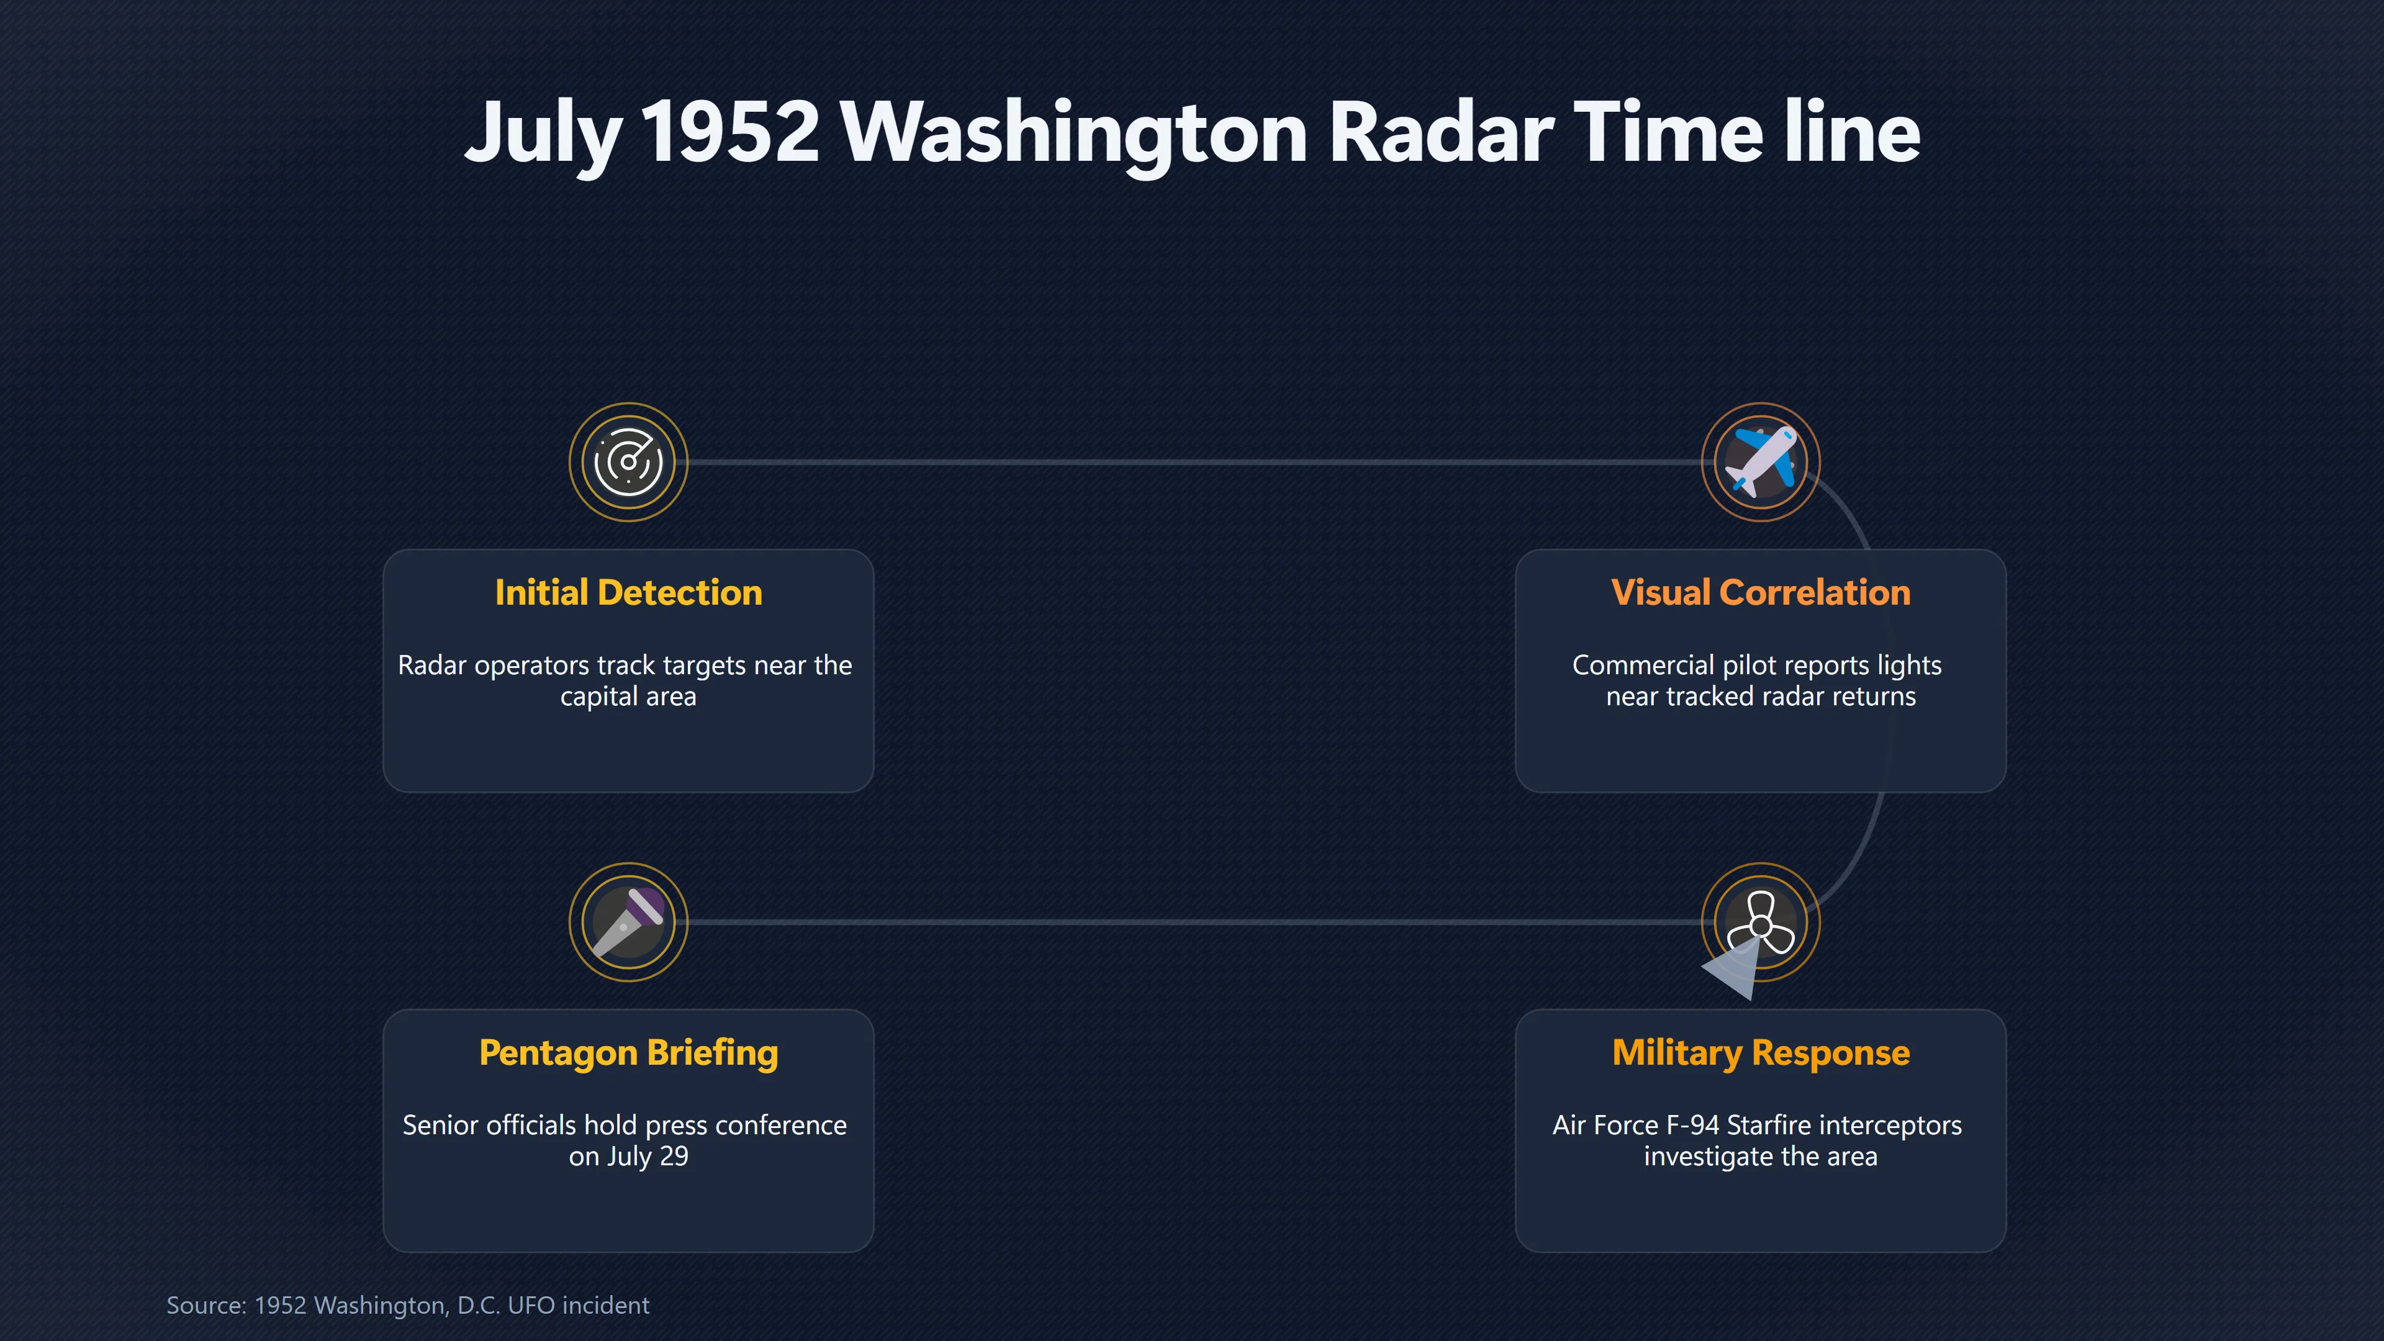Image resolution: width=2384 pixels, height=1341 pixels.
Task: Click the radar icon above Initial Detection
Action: pyautogui.click(x=628, y=462)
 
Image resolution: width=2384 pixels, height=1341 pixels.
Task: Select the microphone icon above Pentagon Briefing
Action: pyautogui.click(x=628, y=922)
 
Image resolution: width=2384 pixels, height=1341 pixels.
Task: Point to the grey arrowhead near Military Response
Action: pyautogui.click(x=1733, y=969)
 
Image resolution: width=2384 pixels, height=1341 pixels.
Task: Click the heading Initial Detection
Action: pyautogui.click(x=628, y=592)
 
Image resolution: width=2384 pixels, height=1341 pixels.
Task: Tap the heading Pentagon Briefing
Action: pyautogui.click(x=628, y=1053)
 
